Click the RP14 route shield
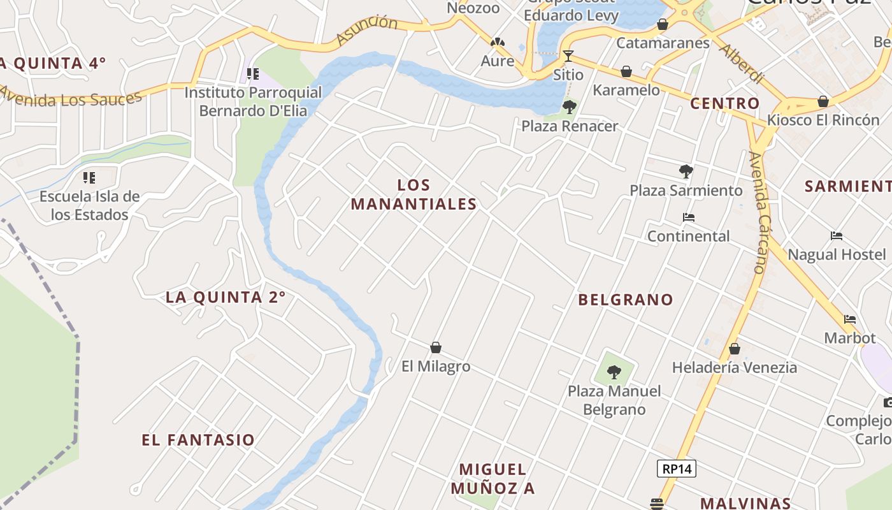coord(677,469)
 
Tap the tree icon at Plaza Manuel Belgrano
coord(614,372)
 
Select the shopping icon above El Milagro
coord(436,347)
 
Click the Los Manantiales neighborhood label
coord(414,194)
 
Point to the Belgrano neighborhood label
coord(625,300)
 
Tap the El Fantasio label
coord(198,440)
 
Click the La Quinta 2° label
coord(226,297)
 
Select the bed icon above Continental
coord(688,217)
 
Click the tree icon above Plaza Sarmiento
coord(686,171)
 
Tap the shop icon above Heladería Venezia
coord(735,349)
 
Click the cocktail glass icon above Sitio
coord(568,56)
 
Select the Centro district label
coord(725,103)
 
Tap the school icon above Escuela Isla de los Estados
coord(89,177)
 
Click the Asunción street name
coord(366,30)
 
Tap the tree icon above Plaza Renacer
coord(569,106)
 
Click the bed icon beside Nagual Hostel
coord(837,236)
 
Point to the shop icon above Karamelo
coord(626,71)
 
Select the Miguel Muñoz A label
coord(493,479)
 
